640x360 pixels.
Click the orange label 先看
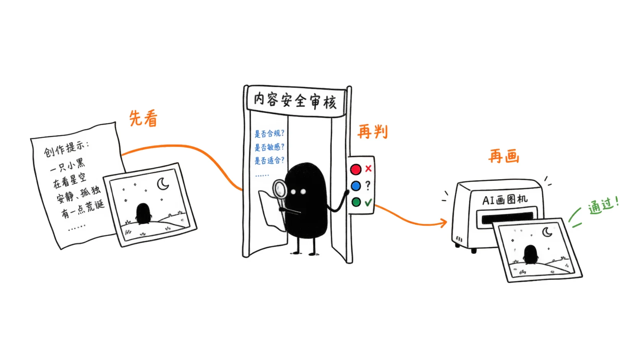point(144,118)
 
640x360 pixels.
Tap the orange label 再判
point(372,132)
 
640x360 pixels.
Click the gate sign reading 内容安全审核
point(295,101)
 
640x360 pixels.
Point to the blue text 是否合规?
point(269,133)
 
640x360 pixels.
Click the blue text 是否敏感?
point(269,147)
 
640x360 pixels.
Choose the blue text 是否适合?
point(269,160)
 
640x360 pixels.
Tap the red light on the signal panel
point(356,169)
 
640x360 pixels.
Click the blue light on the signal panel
point(356,186)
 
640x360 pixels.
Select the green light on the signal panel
point(356,202)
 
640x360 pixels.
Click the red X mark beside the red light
point(368,168)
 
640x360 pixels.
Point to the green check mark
point(368,202)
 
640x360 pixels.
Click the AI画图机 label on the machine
point(504,199)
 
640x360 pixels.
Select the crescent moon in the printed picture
point(547,232)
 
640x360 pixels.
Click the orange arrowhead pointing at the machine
point(444,223)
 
